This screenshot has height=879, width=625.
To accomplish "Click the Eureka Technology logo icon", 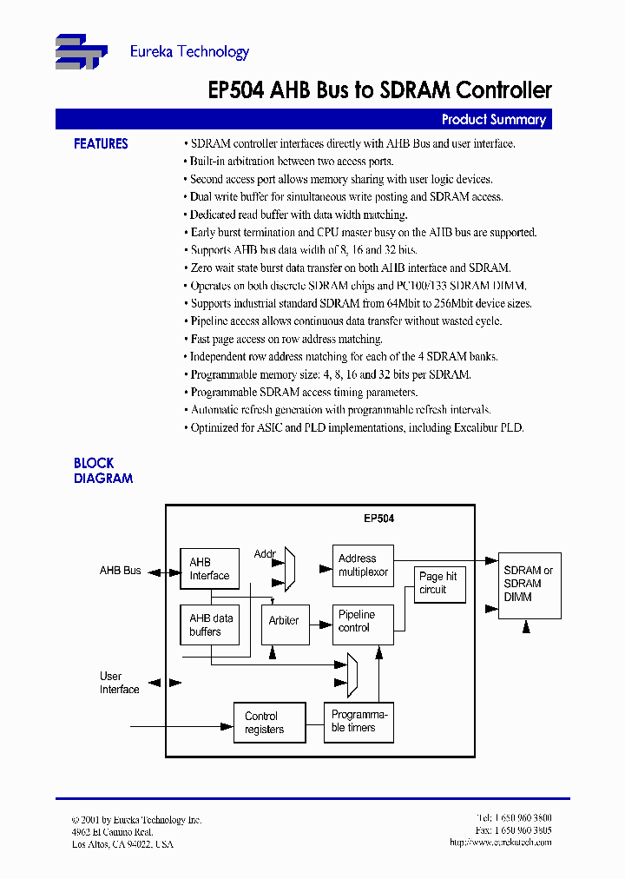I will point(81,51).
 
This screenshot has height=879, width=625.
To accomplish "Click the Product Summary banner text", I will point(493,120).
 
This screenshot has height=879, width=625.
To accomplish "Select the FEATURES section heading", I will point(101,144).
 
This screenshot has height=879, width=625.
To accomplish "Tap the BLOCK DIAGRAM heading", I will point(102,471).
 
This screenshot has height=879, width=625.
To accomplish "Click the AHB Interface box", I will point(209,569).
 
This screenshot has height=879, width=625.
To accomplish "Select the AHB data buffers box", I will point(211,625).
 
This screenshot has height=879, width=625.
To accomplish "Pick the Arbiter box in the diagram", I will point(285,621).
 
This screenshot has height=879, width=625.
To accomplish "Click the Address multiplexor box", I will point(363,565).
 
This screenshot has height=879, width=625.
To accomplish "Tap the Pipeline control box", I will point(363,621).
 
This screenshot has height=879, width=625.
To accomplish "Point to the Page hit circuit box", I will point(440,583).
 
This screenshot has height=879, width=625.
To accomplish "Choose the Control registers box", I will point(269,723).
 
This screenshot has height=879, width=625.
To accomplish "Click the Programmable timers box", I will point(359,722).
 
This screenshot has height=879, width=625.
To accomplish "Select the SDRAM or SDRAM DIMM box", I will point(529,585).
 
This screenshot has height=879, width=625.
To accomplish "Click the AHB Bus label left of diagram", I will point(120,571).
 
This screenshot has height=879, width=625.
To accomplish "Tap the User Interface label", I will point(119,683).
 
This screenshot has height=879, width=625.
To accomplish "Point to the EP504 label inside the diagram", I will point(378,519).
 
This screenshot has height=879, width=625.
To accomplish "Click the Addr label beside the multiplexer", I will point(265,554).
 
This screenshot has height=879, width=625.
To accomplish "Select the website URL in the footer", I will point(500,843).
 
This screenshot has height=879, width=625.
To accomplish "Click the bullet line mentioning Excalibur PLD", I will point(357,427).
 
